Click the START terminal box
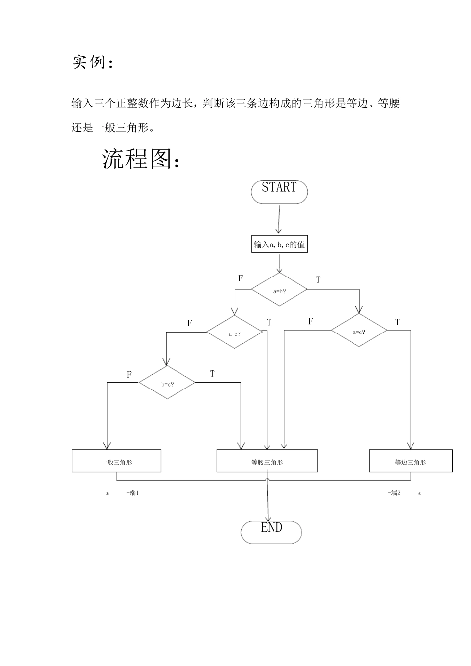[x=279, y=191]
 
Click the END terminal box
[x=271, y=532]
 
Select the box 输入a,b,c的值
[x=279, y=244]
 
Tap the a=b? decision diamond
[x=279, y=291]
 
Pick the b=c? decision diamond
[x=167, y=384]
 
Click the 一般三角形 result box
[x=117, y=461]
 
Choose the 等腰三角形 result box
[x=267, y=461]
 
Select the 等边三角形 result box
[x=411, y=461]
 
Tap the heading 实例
[x=92, y=63]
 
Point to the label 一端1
[x=132, y=493]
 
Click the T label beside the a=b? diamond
[x=318, y=280]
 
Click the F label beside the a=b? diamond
[x=241, y=278]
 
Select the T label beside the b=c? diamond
[x=212, y=374]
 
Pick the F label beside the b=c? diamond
[x=129, y=375]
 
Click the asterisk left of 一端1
[x=107, y=494]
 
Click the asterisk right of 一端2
[x=419, y=494]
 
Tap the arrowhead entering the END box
[x=268, y=518]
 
